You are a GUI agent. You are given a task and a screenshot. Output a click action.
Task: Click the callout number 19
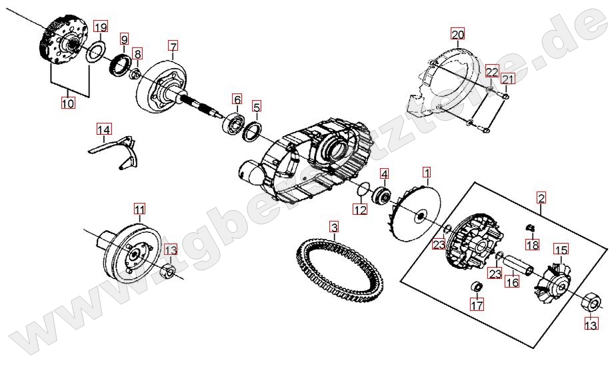(x=101, y=27)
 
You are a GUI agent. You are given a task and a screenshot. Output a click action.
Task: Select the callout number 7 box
(x=173, y=45)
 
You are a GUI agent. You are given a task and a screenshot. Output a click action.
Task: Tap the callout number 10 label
(x=67, y=103)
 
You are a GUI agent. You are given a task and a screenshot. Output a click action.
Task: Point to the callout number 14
(x=104, y=129)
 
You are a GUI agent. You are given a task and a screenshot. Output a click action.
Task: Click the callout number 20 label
(x=458, y=34)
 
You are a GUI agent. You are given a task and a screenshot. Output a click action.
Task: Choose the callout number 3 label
(x=333, y=227)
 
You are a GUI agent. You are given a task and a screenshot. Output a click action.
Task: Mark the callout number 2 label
(x=541, y=198)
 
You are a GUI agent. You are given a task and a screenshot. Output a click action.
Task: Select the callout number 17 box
(x=477, y=304)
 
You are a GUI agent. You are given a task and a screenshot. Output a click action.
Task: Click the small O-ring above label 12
(x=363, y=188)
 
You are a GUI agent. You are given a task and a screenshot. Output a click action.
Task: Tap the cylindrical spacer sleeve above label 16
(x=518, y=265)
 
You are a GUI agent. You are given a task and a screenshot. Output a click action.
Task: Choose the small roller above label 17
(x=477, y=286)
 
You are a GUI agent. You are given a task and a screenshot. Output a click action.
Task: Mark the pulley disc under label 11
(x=133, y=252)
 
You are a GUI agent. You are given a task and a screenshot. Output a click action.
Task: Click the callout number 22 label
(x=492, y=71)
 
